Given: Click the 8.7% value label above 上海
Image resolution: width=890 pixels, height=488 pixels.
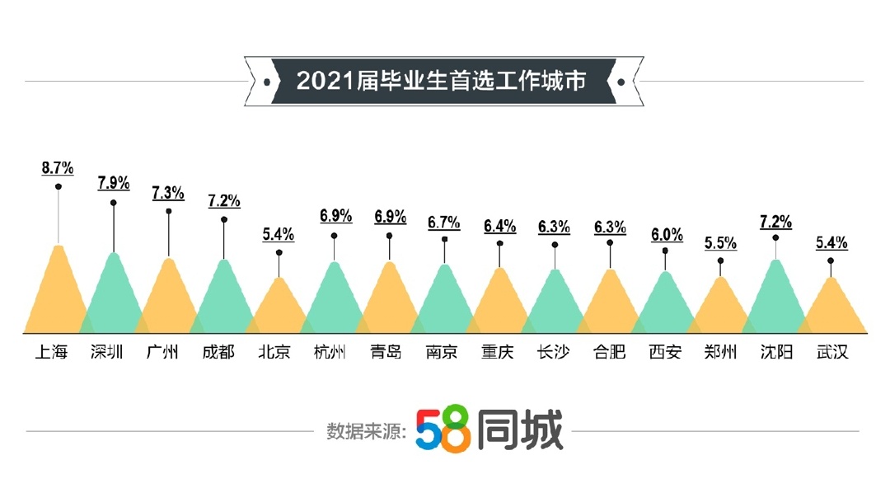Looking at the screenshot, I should pyautogui.click(x=58, y=168).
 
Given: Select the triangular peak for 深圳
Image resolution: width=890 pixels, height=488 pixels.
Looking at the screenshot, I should pyautogui.click(x=114, y=297).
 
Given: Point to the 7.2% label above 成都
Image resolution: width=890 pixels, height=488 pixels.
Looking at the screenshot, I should pyautogui.click(x=224, y=200).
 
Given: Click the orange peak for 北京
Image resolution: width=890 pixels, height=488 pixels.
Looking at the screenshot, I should pyautogui.click(x=279, y=308).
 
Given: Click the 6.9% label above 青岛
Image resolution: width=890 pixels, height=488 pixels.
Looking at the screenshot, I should pyautogui.click(x=390, y=217).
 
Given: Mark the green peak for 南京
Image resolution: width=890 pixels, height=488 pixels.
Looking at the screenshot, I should pyautogui.click(x=445, y=301).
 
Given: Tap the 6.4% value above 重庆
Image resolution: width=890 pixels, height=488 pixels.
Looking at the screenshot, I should pyautogui.click(x=500, y=225).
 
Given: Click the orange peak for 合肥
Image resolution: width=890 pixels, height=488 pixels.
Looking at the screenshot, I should pyautogui.click(x=611, y=303).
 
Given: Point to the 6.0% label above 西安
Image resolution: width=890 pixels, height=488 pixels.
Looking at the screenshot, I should pyautogui.click(x=667, y=235).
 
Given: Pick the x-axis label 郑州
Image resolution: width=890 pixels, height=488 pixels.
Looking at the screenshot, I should pyautogui.click(x=721, y=352).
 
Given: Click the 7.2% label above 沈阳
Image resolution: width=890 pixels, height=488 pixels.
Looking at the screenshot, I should pyautogui.click(x=775, y=222).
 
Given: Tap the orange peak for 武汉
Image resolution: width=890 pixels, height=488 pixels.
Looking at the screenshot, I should pyautogui.click(x=831, y=308).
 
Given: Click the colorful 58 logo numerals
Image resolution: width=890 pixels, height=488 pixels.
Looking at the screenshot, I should pyautogui.click(x=443, y=429).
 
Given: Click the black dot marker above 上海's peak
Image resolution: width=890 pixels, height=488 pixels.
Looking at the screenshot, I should pyautogui.click(x=59, y=186).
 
